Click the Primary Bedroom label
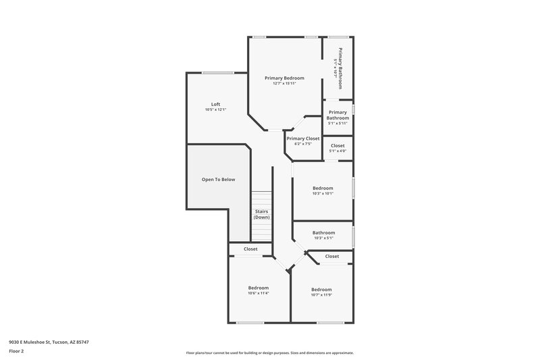coord(284,78)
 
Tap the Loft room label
coord(215,104)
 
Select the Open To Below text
coord(219,179)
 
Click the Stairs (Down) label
coord(261,215)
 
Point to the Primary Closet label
coord(303,138)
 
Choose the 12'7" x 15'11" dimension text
coord(284,84)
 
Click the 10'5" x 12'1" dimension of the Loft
coord(215,110)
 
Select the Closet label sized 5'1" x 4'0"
coord(337,145)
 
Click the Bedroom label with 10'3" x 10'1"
coord(323,188)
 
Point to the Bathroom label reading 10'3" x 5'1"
coord(323,232)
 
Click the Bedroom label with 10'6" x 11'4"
coord(259,288)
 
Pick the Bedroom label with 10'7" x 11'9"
coord(321,290)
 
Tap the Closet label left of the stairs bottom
coord(250,249)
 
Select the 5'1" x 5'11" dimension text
coord(337,124)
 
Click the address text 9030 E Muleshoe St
coord(49,342)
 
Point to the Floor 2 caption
coord(16,351)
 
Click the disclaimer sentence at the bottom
coord(270,353)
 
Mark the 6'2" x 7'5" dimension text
coord(303,144)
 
